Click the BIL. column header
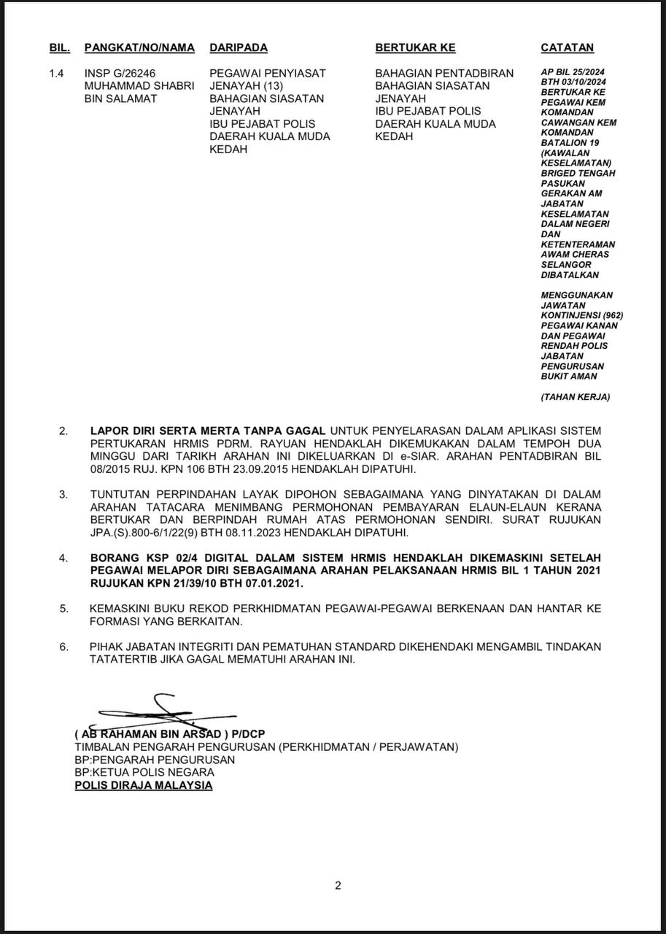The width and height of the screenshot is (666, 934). (x=60, y=47)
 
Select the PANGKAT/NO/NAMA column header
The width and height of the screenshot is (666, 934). (x=139, y=47)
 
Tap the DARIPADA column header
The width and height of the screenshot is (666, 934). (x=239, y=47)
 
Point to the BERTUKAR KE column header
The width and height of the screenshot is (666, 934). (x=415, y=47)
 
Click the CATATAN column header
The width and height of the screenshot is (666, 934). (x=567, y=47)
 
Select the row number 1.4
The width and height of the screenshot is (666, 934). (x=57, y=73)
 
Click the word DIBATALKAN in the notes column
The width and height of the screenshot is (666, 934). (x=570, y=275)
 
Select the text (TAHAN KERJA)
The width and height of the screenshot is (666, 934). (x=575, y=397)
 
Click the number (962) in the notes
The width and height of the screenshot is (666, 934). (x=612, y=315)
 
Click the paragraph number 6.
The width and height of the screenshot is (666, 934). (x=64, y=647)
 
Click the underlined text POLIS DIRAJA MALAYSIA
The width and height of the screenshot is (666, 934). (x=144, y=785)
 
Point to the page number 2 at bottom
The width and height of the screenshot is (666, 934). (x=338, y=886)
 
